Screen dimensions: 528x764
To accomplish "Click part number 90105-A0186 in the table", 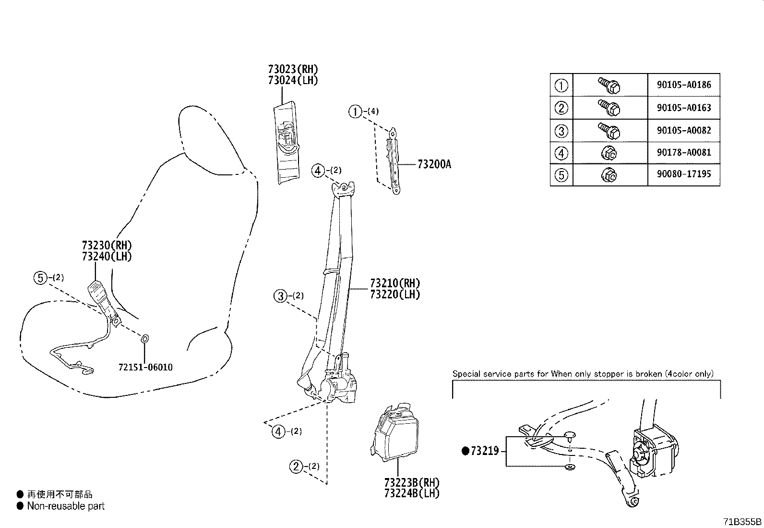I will click(x=684, y=85).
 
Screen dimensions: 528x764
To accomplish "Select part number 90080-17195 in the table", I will click(x=684, y=174).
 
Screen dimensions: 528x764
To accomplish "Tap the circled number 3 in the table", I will click(x=561, y=131).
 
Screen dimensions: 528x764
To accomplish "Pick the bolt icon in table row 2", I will click(x=609, y=107).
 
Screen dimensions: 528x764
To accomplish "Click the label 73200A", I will click(x=434, y=165).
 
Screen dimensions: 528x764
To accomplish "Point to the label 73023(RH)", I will click(x=293, y=69).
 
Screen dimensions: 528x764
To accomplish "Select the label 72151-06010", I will click(x=145, y=368).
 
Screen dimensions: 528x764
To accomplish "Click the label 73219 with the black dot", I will click(x=484, y=451).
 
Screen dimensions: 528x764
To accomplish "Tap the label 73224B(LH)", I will click(x=412, y=493).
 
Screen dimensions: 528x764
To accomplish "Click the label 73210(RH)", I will click(x=394, y=283).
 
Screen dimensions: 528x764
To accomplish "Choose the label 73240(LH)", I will click(x=107, y=256).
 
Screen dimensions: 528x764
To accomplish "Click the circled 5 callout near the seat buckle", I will click(x=40, y=278).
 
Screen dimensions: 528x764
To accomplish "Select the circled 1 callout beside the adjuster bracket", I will click(x=355, y=112).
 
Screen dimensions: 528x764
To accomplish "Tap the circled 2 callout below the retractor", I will click(x=296, y=466).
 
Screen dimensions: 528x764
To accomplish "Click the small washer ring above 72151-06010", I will click(x=145, y=339).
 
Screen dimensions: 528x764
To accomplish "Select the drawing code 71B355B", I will click(x=743, y=522).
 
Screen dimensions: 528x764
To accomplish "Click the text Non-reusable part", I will click(x=66, y=506).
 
